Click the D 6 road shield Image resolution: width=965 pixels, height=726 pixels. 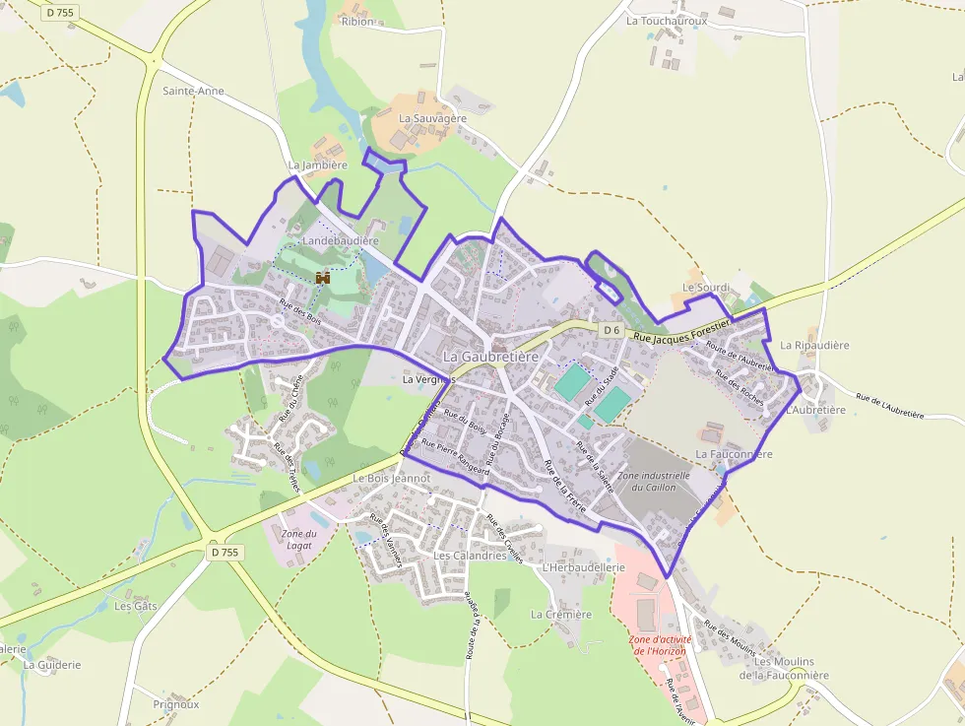pos(611,329)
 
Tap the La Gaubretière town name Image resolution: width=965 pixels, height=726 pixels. pos(490,356)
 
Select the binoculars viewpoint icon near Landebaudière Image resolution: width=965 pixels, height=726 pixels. pos(323,279)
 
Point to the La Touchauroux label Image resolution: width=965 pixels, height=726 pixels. pos(667,20)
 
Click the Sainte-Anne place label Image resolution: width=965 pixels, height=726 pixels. pos(193,91)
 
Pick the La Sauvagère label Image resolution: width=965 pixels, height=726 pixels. pos(432,118)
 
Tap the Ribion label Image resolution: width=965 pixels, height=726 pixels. pos(357,22)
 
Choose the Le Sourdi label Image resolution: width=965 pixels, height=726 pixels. pos(705,288)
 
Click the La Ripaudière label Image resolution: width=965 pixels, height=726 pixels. pos(814,346)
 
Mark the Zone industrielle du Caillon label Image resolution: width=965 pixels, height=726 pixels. pos(653,481)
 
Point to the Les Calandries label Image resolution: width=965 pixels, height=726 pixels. pos(470,556)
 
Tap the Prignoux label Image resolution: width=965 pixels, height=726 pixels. pos(176,704)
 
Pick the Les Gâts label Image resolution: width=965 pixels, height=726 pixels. pos(135,606)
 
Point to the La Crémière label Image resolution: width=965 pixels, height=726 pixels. pos(561,614)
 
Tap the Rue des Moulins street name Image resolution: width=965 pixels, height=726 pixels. pos(730,639)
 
